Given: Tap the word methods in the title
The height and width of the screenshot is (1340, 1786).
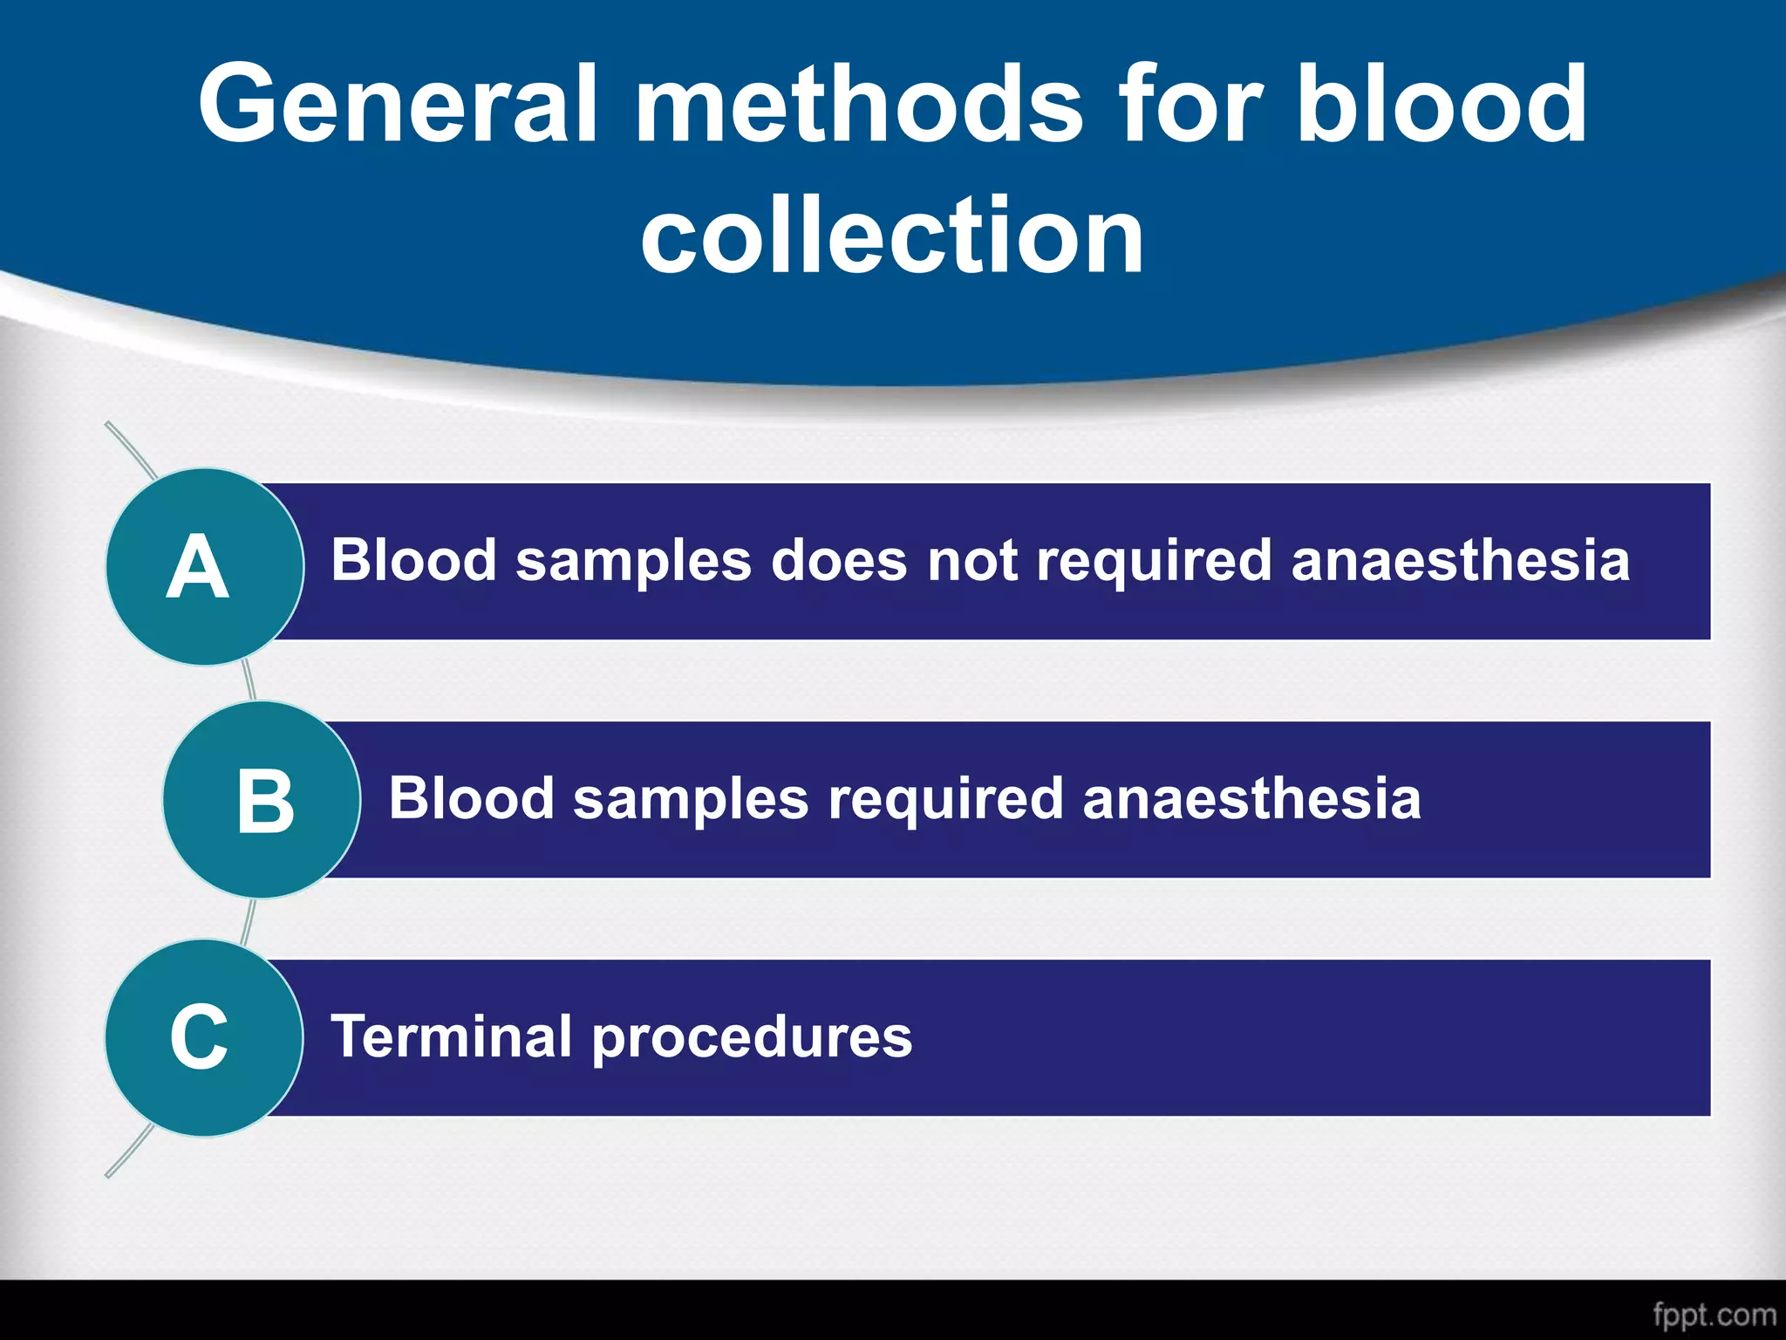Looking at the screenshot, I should [x=859, y=105].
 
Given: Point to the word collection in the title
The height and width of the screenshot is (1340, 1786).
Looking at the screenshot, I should [x=891, y=236].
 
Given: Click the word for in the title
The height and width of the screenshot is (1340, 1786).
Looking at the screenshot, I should [x=1190, y=105].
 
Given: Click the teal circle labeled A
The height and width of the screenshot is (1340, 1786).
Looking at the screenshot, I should [x=204, y=567].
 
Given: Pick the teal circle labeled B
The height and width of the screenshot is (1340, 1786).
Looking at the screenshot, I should [x=262, y=800].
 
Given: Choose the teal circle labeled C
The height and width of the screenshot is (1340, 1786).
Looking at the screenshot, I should [x=204, y=1037].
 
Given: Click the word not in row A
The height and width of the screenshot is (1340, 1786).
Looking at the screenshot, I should [x=971, y=560].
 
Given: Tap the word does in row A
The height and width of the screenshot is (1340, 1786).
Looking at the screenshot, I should [x=839, y=560].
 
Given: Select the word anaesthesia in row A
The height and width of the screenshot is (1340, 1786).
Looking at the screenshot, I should [x=1460, y=560].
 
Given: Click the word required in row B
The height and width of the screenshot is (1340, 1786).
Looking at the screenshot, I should [x=945, y=800].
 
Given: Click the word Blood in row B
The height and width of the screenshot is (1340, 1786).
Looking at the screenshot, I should [x=471, y=798].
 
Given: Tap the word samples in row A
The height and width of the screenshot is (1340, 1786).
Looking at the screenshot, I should [x=633, y=562].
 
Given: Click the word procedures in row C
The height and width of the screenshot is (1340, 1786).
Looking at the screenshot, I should [x=752, y=1038].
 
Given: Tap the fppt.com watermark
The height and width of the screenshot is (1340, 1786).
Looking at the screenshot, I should [x=1714, y=1315].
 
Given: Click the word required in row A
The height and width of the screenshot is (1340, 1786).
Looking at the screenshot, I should [x=1153, y=562].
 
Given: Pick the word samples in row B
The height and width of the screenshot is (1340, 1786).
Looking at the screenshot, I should [x=691, y=800].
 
